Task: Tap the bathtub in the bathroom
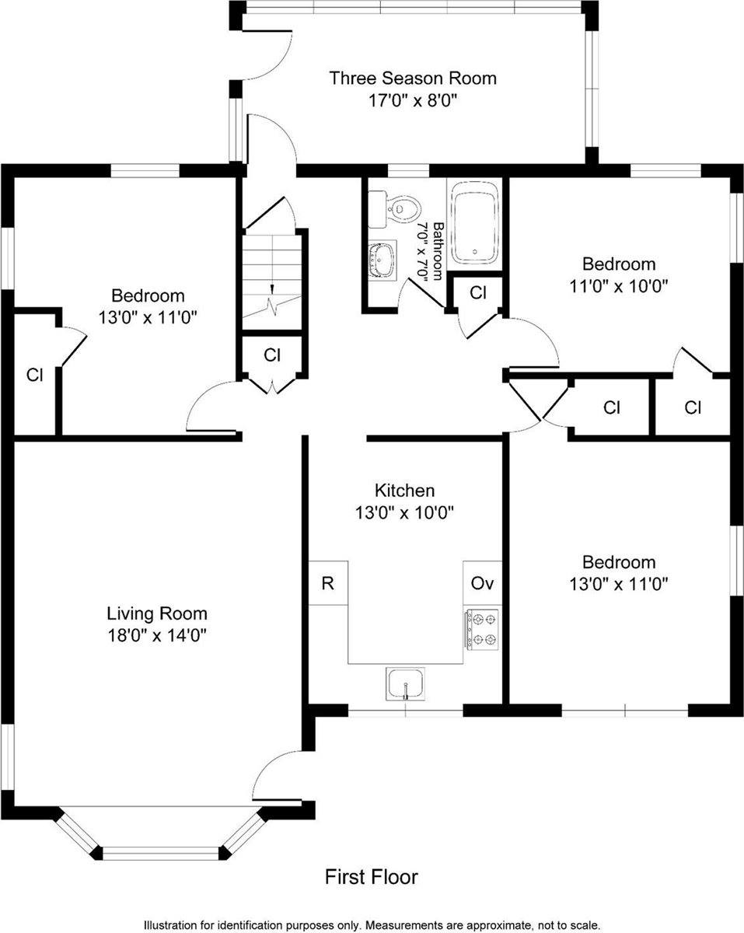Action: click(475, 222)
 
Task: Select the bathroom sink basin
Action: click(382, 258)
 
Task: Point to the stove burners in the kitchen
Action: click(481, 629)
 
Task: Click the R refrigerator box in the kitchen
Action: click(328, 583)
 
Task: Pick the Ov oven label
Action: click(482, 583)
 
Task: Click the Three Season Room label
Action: click(412, 78)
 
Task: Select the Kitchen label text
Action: click(404, 491)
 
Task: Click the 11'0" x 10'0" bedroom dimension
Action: click(618, 285)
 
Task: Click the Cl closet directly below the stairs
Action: click(271, 355)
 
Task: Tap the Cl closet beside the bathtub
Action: click(478, 293)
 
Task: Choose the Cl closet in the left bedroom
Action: click(34, 375)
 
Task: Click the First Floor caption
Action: click(371, 877)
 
